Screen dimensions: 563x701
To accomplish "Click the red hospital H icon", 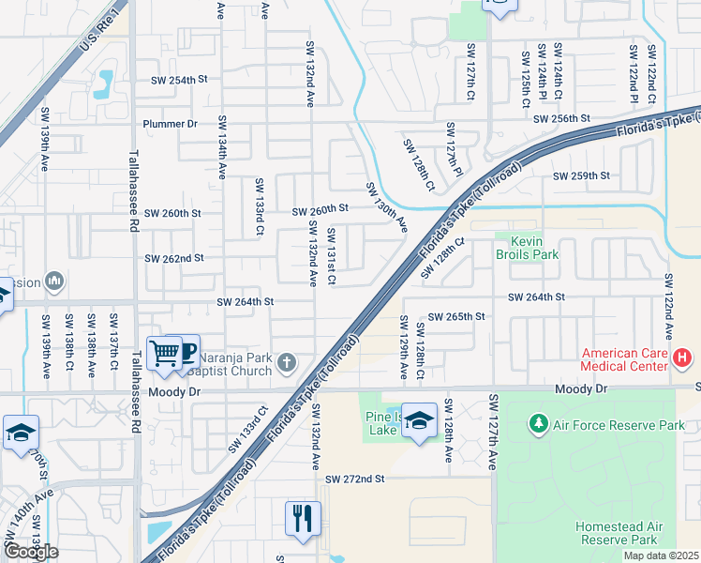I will [x=682, y=358].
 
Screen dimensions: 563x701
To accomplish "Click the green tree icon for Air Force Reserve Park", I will [x=539, y=425].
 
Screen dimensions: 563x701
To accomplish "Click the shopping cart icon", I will [x=165, y=353].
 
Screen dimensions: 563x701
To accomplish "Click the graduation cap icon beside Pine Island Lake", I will [x=420, y=421].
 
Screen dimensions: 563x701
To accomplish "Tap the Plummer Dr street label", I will [x=171, y=124].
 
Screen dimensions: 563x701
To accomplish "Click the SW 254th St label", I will [x=178, y=81].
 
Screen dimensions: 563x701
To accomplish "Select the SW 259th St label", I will [x=581, y=175].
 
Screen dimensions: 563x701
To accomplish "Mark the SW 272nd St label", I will [x=355, y=479].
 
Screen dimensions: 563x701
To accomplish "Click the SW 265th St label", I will [x=456, y=317].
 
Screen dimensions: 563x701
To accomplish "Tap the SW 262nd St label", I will [x=173, y=258].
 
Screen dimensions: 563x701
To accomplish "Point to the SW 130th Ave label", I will [x=386, y=207].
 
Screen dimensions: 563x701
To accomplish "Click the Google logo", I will [x=32, y=552].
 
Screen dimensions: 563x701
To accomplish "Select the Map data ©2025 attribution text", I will [x=661, y=555].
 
